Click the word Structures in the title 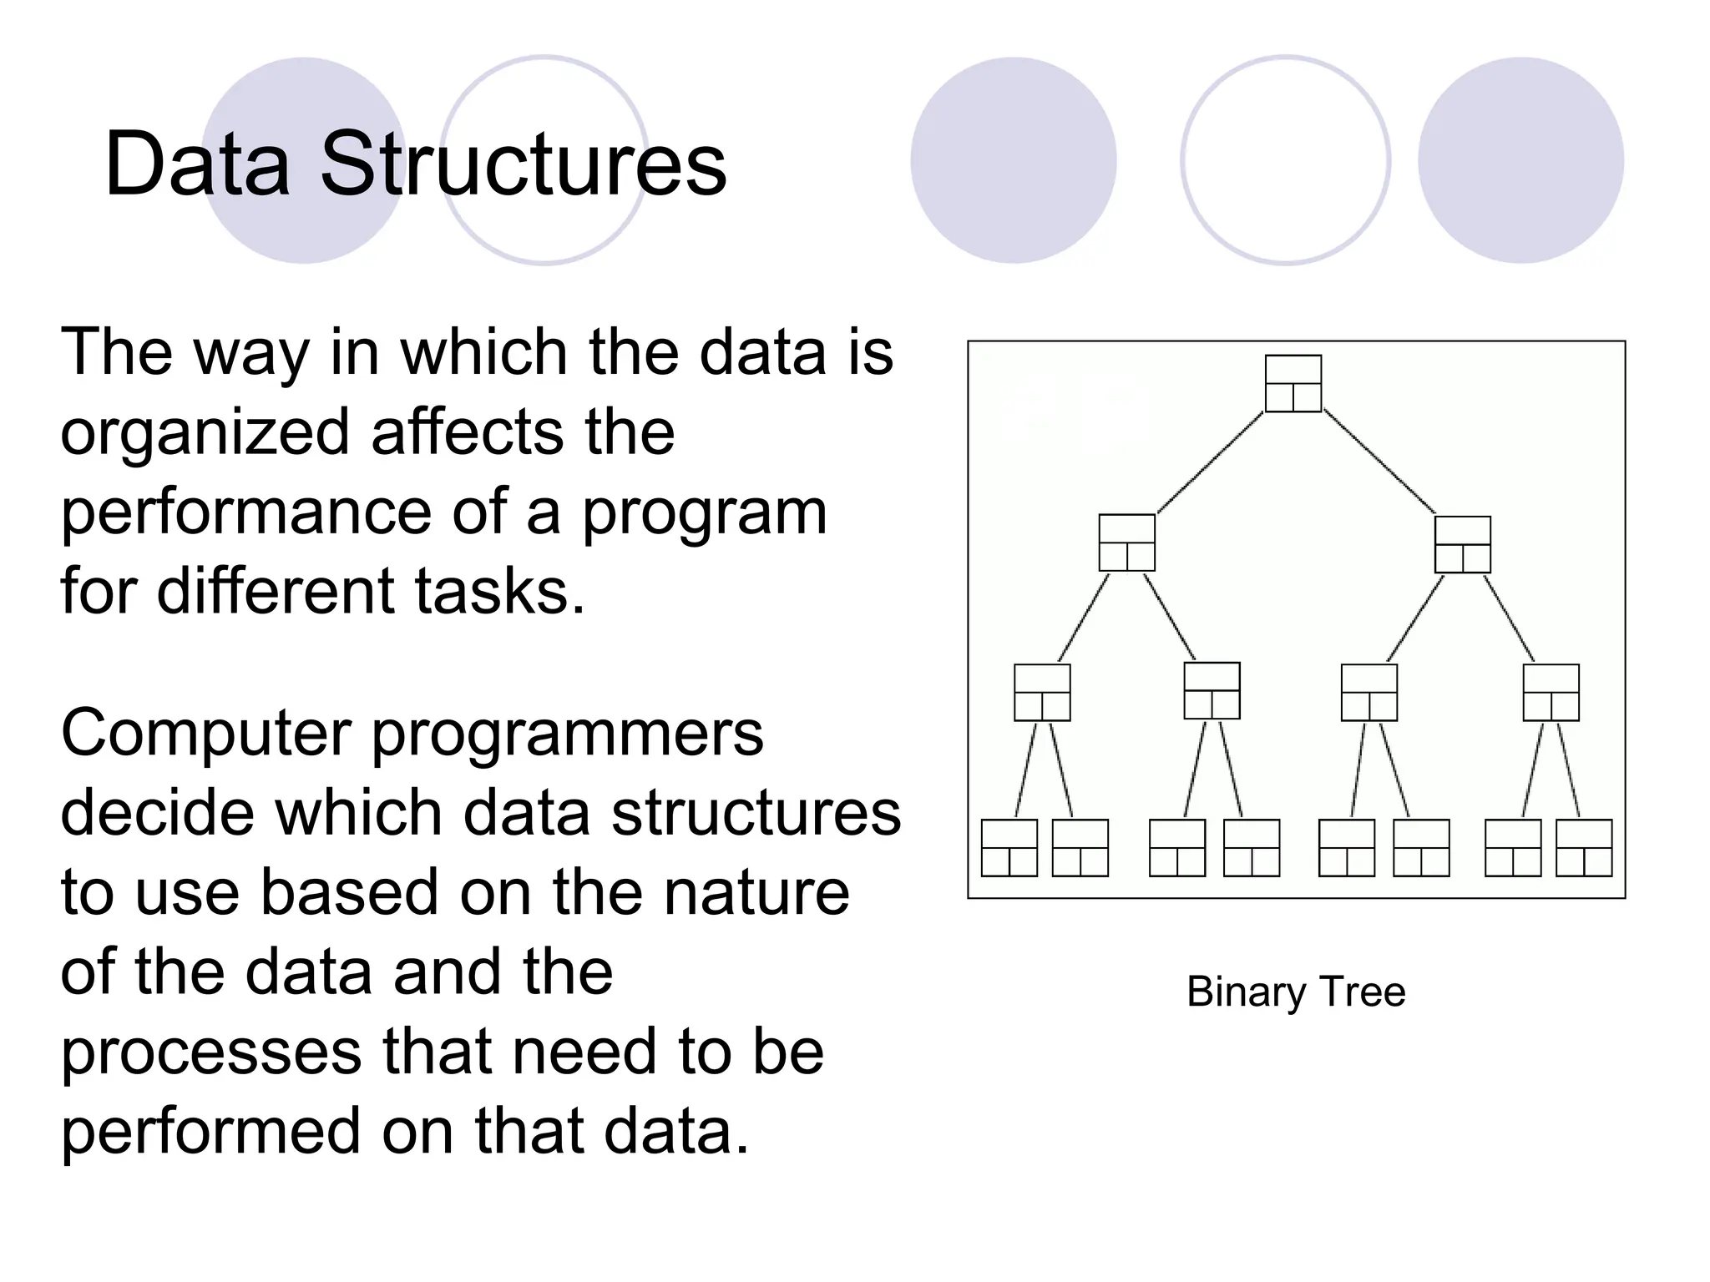pos(524,164)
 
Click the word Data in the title pos(197,164)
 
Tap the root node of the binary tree pos(1293,383)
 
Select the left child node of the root pos(1126,543)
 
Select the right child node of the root pos(1462,544)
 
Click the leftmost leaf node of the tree pos(1009,847)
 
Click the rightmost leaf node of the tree pos(1584,847)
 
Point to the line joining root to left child pos(1210,463)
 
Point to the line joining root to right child pos(1379,463)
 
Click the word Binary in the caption pos(1246,992)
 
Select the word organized pos(205,434)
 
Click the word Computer pos(205,733)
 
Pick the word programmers pos(567,733)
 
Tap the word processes pos(211,1052)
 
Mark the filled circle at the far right pos(1520,160)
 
